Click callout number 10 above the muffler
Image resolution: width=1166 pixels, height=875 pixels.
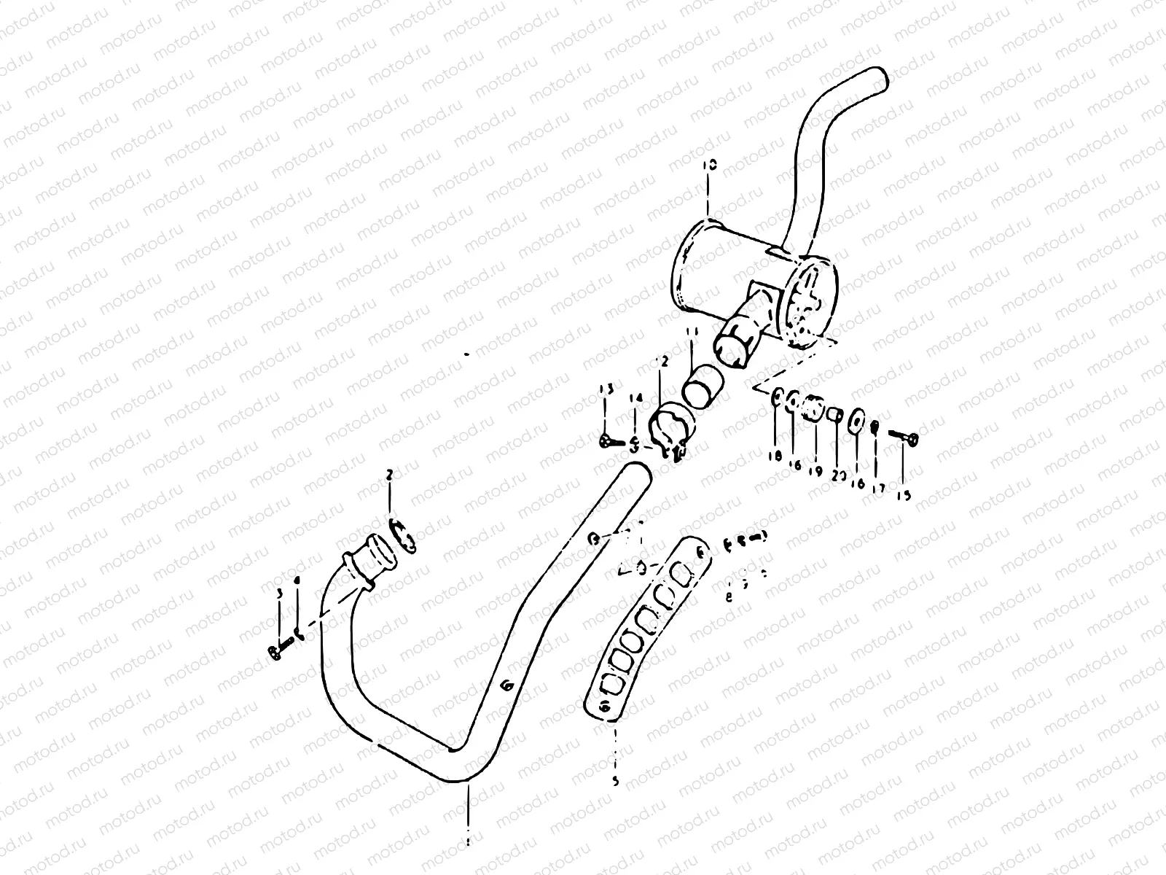711,166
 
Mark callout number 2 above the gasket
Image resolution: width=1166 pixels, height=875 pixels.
390,475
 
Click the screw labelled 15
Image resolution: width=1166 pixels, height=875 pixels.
904,437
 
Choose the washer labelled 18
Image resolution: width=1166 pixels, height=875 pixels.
777,399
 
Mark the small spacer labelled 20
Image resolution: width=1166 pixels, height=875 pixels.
835,415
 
